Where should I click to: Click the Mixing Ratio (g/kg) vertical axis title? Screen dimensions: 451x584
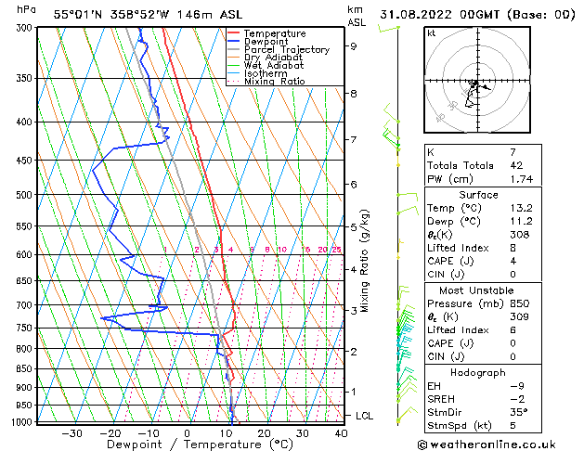tap(366, 261)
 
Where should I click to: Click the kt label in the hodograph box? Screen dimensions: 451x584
tap(432, 32)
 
